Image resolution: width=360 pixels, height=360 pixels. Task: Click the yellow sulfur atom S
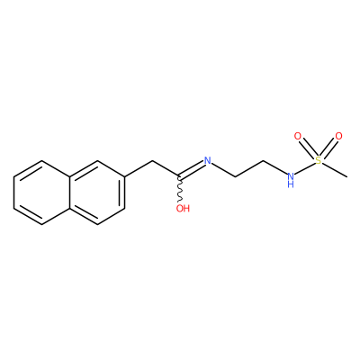[x=319, y=161]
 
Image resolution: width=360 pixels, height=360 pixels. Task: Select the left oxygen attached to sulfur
[x=297, y=137]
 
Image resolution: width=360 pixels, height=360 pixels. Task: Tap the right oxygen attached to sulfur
[x=338, y=136]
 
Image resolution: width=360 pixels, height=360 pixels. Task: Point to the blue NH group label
[x=290, y=179]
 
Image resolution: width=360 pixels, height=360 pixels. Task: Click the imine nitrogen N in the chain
[x=208, y=160]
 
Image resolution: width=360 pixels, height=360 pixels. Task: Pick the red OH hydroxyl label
[x=183, y=208]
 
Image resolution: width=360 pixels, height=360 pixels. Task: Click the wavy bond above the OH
[x=180, y=190]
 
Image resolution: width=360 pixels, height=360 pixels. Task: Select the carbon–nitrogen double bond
[x=192, y=168]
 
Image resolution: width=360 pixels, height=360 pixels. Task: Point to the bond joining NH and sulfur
[x=304, y=168]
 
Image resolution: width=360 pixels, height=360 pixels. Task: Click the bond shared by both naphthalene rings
[x=69, y=191]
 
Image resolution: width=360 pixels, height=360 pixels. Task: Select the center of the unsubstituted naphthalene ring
[x=41, y=191]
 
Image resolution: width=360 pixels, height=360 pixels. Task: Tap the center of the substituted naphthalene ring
[x=97, y=191]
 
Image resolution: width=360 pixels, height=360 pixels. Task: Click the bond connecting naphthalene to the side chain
[x=139, y=168]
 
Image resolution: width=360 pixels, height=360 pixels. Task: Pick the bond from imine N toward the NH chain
[x=223, y=169]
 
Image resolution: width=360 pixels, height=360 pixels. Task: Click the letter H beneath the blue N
[x=290, y=184]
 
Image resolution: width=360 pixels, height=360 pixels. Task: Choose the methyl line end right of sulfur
[x=346, y=177]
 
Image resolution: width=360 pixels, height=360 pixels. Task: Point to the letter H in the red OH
[x=186, y=208]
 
